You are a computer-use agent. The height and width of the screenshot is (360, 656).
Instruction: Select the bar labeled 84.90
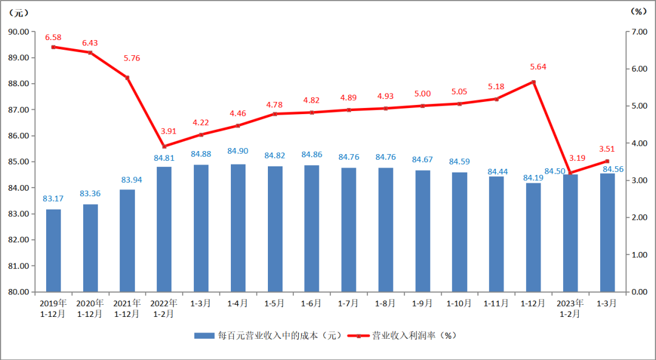tap(238, 228)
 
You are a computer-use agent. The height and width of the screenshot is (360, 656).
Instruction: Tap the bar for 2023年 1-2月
tap(570, 233)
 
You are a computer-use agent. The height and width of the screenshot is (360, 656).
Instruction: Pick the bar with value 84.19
tap(533, 237)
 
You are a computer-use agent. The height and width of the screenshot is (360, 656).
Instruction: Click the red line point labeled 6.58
tap(53, 47)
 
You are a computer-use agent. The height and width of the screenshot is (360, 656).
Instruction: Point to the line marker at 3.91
tap(164, 146)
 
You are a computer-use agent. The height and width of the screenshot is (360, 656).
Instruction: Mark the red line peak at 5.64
tap(533, 82)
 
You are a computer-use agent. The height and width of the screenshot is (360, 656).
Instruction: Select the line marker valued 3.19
tap(570, 173)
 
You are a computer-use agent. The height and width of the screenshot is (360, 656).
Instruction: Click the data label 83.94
tap(128, 180)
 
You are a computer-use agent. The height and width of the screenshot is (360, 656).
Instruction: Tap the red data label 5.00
tap(422, 94)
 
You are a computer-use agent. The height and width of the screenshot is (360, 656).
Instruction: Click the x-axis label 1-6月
tap(312, 303)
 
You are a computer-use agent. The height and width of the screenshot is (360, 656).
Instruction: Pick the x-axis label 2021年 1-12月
tap(127, 308)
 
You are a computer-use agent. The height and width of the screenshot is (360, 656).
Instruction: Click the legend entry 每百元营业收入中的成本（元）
tap(267, 335)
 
